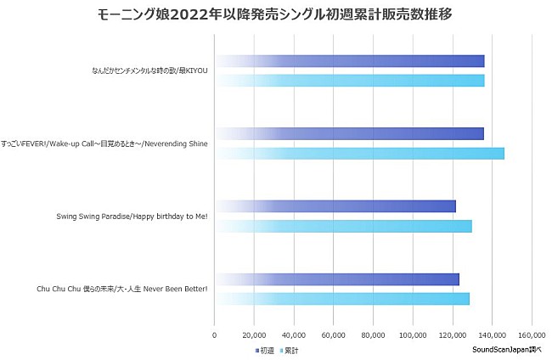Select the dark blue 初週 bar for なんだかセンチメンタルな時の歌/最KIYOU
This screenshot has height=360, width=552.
349,61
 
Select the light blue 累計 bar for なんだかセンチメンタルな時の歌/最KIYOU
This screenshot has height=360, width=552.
349,81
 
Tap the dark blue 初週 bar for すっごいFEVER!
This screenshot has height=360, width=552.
349,133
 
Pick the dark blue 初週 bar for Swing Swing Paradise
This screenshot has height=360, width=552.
335,206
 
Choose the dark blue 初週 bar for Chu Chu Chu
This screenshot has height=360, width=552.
336,279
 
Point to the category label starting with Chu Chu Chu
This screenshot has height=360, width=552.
122,290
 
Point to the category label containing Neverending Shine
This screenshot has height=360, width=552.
104,143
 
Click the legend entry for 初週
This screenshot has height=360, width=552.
264,350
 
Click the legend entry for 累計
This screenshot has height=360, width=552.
288,350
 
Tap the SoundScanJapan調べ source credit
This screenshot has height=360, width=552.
506,349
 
